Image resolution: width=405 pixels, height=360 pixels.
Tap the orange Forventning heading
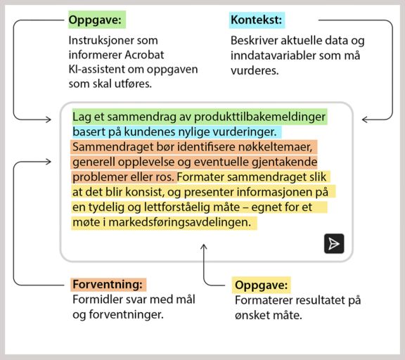pyautogui.click(x=108, y=285)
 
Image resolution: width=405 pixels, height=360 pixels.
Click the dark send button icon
pyautogui.click(x=334, y=243)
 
